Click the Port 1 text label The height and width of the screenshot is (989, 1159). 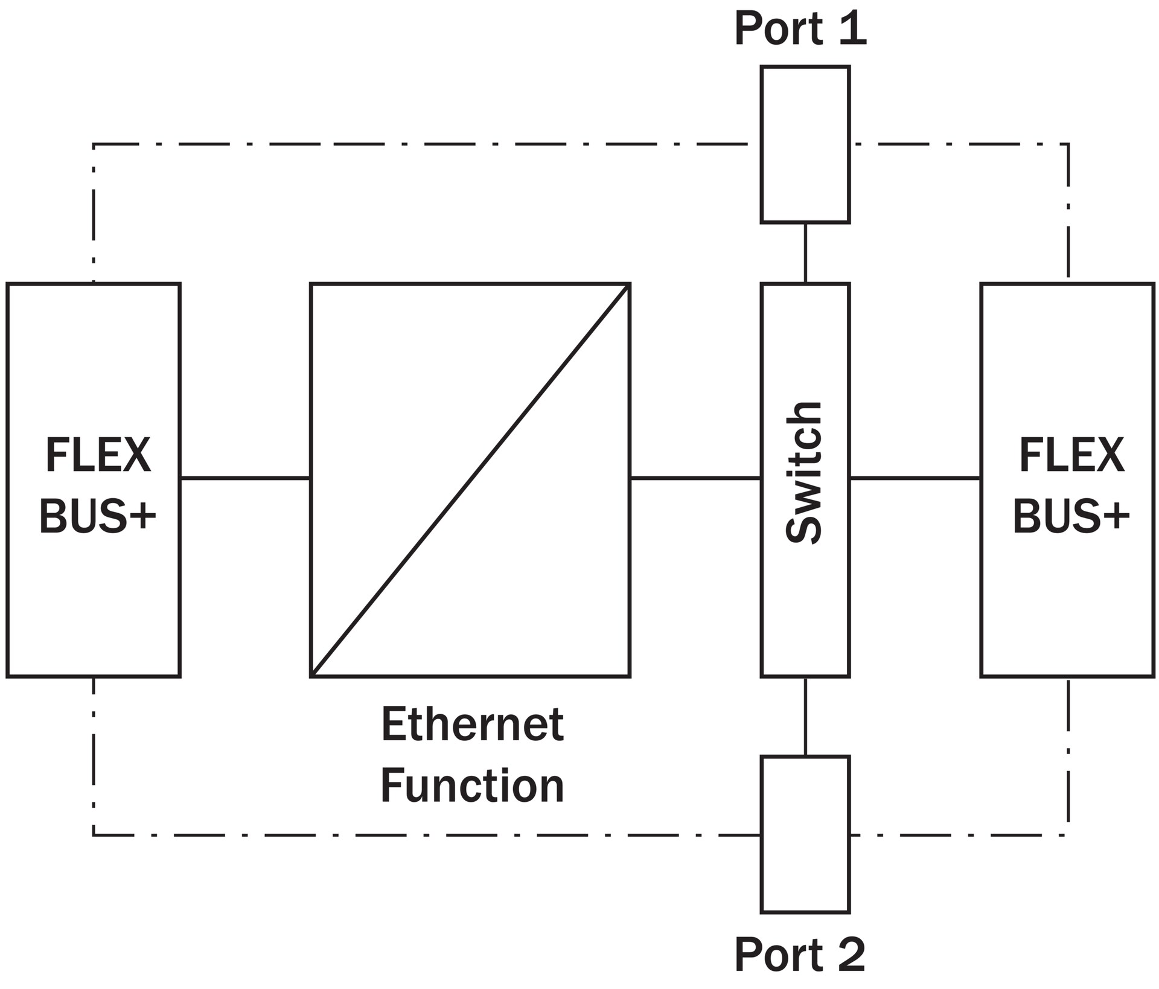point(800,28)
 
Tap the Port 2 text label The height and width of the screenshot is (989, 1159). point(800,954)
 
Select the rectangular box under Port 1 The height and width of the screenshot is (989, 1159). point(805,145)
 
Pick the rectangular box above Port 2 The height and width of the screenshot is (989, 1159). point(805,834)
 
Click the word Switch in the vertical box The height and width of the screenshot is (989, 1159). point(804,473)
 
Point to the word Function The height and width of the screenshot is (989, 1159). point(472,786)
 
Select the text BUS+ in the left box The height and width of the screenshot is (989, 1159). point(98,517)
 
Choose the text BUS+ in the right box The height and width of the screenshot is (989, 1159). point(1071,517)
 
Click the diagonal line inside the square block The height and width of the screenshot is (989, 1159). point(470,480)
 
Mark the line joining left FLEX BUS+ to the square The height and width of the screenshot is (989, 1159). point(245,478)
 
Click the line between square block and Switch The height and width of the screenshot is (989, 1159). point(695,478)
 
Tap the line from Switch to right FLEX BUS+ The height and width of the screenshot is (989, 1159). point(915,478)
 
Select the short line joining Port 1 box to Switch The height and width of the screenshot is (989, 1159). point(805,253)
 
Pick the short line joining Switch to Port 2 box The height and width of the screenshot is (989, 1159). point(805,716)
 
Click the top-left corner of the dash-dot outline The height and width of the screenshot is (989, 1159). point(94,144)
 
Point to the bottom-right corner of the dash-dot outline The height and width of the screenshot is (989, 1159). point(1068,835)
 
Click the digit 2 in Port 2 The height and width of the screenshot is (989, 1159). point(851,954)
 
